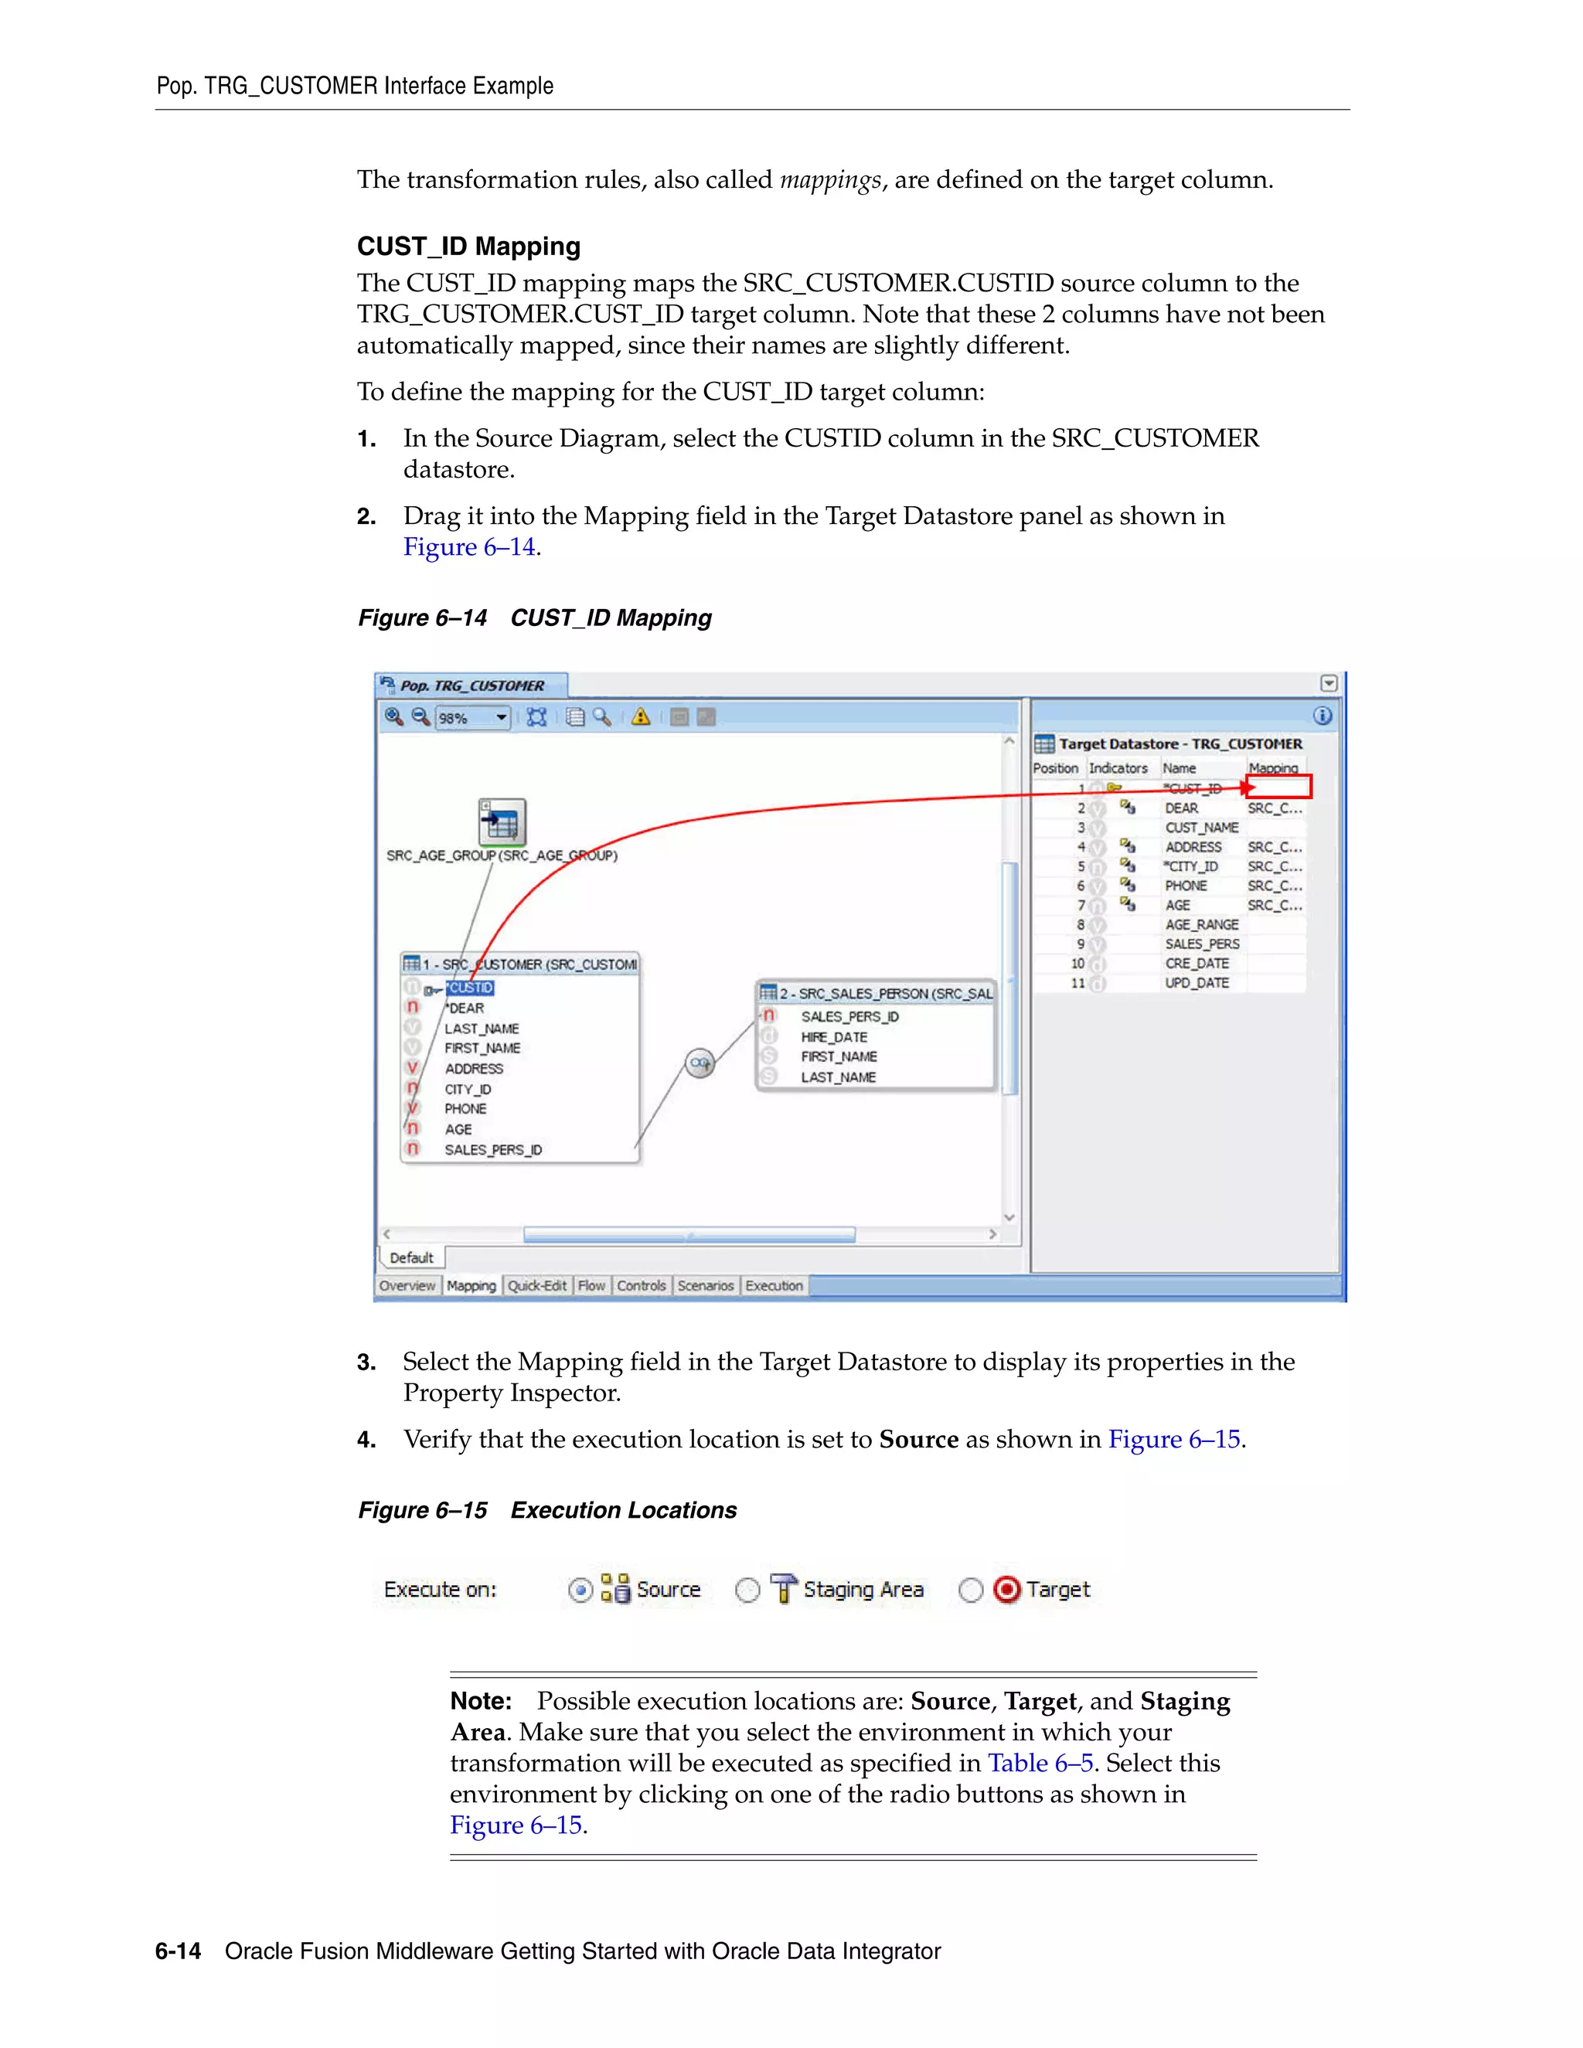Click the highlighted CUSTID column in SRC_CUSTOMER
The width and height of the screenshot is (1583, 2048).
point(470,988)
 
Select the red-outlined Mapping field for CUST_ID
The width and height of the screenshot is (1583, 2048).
point(1279,787)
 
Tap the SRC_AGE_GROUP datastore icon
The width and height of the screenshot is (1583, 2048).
point(502,822)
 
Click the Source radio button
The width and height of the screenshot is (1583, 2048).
point(580,1590)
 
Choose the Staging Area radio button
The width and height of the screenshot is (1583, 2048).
point(747,1590)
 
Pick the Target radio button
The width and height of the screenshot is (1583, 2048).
point(971,1590)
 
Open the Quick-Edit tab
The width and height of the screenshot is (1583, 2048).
point(536,1286)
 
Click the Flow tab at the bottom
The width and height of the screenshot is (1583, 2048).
point(591,1286)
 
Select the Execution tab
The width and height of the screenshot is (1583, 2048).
point(774,1286)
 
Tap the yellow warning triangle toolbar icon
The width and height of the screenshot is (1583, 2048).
point(641,717)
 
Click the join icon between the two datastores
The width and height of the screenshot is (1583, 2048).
point(700,1063)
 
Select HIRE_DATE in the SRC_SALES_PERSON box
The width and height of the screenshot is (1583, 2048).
point(834,1037)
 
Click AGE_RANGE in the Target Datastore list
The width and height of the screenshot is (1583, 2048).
point(1201,924)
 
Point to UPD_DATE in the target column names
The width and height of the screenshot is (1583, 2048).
point(1197,983)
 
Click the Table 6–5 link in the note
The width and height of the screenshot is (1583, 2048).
point(1040,1763)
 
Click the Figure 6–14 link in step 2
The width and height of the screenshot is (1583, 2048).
point(469,546)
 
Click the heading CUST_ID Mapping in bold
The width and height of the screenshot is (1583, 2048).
point(468,247)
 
